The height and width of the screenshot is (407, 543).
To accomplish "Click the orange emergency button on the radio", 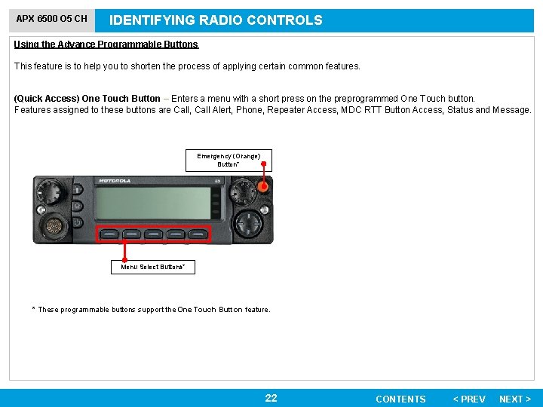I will (x=264, y=186).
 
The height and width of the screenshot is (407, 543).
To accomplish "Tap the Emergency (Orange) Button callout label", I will (x=229, y=160).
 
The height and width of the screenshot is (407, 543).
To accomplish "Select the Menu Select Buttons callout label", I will (x=153, y=267).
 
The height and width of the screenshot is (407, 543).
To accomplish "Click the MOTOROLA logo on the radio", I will (x=114, y=181).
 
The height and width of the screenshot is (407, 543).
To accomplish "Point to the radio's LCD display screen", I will (x=154, y=203).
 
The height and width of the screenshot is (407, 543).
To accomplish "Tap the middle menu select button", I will (x=154, y=234).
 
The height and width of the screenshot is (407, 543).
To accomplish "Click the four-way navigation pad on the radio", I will (x=249, y=223).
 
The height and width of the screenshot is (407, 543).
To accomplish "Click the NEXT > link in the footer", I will (x=515, y=399).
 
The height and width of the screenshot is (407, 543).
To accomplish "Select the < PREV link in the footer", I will (x=469, y=399).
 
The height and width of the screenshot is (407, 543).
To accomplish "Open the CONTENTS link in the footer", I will (x=400, y=399).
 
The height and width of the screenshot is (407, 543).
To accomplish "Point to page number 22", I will (x=271, y=398).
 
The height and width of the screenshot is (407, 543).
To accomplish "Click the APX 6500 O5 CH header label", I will (x=52, y=19).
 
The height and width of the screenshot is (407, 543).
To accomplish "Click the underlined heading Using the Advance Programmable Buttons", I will (x=106, y=44).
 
